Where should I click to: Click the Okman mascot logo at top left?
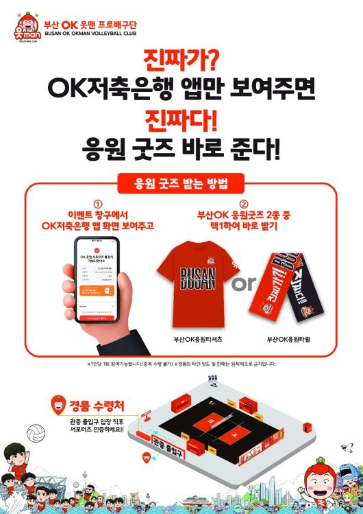[27, 27]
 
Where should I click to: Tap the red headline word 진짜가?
[181, 60]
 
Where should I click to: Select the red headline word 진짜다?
[181, 120]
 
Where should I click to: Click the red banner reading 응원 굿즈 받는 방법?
[181, 183]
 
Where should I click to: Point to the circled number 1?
[97, 204]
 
